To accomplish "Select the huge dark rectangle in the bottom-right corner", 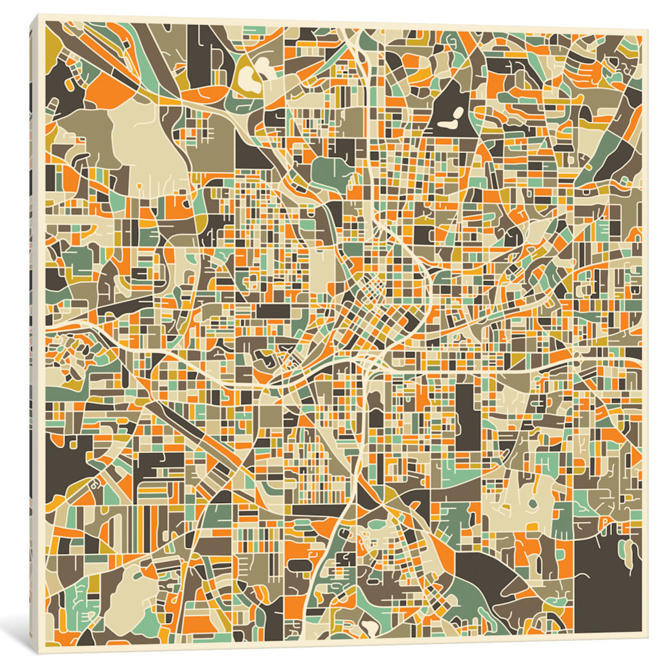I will coord(606,589).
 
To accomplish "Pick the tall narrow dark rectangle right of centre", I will coord(465,416).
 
